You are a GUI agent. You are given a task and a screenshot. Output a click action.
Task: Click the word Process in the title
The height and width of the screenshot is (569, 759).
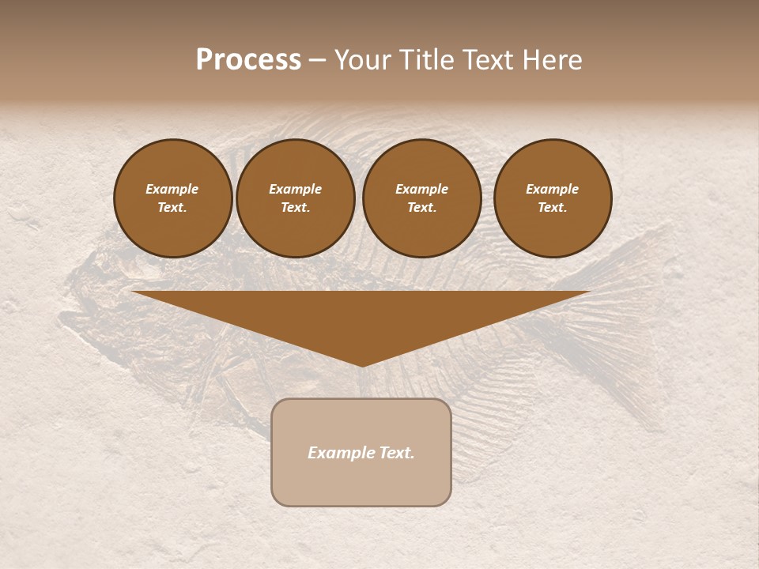click(x=248, y=60)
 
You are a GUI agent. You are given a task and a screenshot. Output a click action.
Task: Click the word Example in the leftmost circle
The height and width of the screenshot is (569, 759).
click(x=172, y=189)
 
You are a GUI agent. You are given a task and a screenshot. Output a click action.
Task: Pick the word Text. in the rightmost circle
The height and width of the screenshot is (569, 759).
click(x=553, y=207)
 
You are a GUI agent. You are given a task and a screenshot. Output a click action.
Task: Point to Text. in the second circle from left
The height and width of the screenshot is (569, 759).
click(x=296, y=207)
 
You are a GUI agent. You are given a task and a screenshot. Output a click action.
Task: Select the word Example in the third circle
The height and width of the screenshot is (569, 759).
click(x=422, y=189)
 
